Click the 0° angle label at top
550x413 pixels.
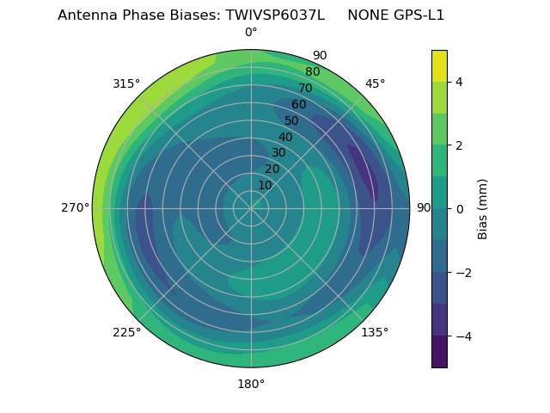(251, 33)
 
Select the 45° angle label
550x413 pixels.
(375, 83)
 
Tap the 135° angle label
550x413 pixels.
(375, 332)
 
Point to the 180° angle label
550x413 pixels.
(251, 384)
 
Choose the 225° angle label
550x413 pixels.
(126, 332)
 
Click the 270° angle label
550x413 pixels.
(75, 208)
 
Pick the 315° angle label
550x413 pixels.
(126, 83)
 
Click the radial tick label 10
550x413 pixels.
(265, 185)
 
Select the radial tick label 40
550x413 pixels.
(285, 137)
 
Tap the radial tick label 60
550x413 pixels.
(299, 105)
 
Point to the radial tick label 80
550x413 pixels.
(313, 72)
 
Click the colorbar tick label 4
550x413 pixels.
(460, 82)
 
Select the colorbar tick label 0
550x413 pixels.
(460, 209)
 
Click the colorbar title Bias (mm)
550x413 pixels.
(483, 209)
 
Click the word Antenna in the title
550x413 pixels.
(85, 15)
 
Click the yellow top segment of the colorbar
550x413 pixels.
(439, 65)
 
